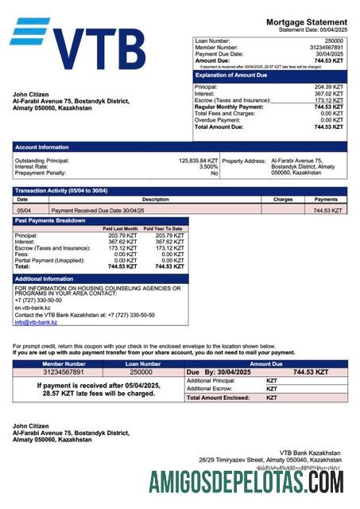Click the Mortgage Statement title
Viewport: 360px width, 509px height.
[x=306, y=21]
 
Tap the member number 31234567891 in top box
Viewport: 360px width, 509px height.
[x=325, y=47]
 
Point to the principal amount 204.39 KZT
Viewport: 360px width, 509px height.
[x=328, y=87]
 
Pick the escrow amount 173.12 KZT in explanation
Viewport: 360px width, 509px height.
[x=328, y=100]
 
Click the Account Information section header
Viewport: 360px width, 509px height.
[x=42, y=147]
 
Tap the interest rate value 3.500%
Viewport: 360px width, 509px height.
[x=208, y=167]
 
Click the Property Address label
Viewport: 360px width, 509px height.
[x=244, y=161]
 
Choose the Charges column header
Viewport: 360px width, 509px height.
[x=283, y=200]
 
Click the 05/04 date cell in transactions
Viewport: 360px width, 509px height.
[x=25, y=211]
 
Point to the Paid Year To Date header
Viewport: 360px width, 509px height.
[x=163, y=228]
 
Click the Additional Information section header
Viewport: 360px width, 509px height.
[x=45, y=279]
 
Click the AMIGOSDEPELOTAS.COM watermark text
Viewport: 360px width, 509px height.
[x=246, y=482]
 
